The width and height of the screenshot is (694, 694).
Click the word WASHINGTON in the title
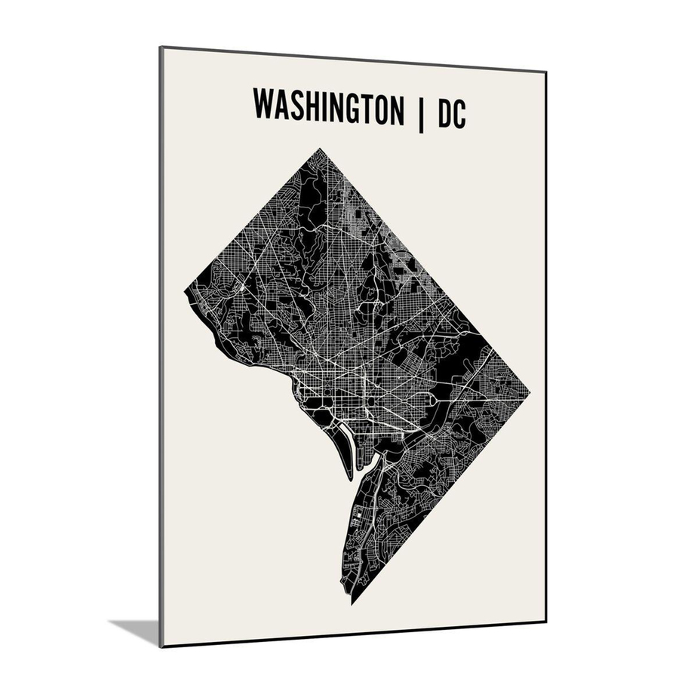click(328, 106)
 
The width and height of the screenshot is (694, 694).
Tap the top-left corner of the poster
click(161, 48)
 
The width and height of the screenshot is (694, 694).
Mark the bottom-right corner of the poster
click(545, 622)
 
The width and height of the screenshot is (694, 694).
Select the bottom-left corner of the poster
click(161, 646)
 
